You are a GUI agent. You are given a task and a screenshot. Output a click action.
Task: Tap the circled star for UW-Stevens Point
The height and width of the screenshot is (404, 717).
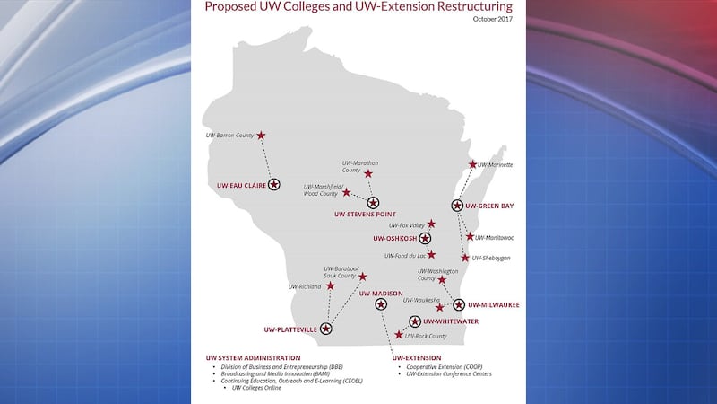tap(373, 203)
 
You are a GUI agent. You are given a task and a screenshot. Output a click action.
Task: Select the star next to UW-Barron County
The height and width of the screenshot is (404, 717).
tap(261, 136)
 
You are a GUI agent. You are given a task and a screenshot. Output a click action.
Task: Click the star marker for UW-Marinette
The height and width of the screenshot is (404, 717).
tap(472, 164)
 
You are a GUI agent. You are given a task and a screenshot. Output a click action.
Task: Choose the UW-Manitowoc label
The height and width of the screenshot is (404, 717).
tap(494, 238)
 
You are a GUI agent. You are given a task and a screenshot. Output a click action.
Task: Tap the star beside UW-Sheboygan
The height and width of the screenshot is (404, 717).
tap(465, 258)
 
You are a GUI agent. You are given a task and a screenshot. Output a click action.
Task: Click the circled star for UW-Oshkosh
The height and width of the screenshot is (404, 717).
tap(425, 239)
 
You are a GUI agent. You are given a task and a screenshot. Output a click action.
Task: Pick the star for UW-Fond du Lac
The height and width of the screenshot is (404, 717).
tap(431, 254)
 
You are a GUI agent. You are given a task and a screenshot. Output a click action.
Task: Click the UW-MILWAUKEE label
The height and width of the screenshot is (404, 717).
tap(494, 305)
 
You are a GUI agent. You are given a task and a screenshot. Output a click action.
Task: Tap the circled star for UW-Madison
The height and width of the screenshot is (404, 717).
tap(381, 304)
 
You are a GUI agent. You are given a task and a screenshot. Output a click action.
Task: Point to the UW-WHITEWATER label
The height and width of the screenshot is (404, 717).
tap(454, 321)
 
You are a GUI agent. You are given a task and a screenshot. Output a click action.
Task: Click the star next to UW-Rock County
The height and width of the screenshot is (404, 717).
tap(399, 334)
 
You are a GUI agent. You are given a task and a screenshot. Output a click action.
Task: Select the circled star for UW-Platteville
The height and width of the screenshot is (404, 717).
tap(325, 329)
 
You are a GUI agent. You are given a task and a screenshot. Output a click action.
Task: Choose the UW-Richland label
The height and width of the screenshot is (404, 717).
tap(305, 286)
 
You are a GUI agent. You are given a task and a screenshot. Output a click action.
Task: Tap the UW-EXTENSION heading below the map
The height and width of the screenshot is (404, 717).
tap(417, 358)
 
